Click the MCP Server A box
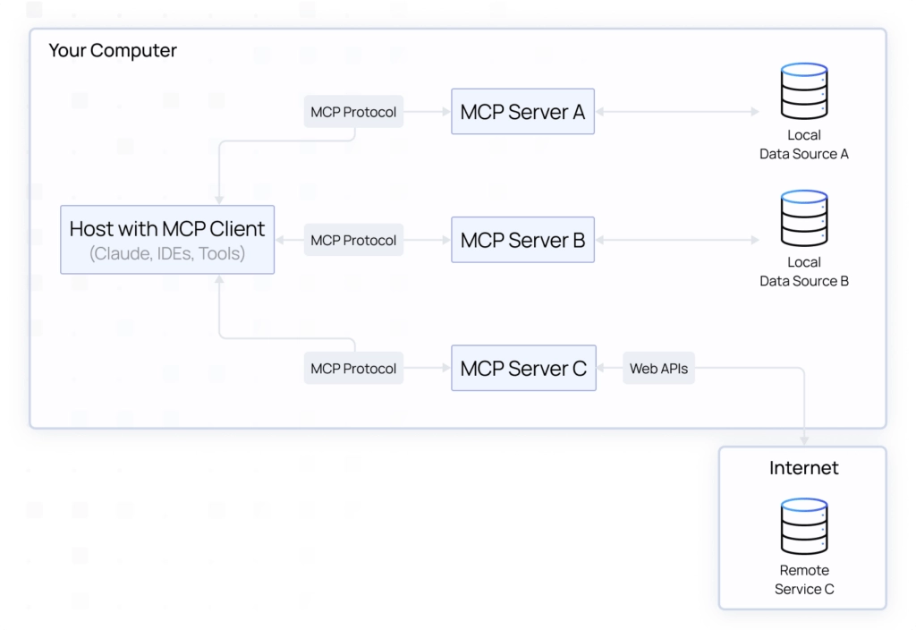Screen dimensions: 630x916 coord(523,113)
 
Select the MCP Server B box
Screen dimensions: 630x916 coord(523,241)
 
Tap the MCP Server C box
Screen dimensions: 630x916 coord(523,368)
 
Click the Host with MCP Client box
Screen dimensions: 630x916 coord(167,240)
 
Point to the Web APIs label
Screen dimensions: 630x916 coord(659,368)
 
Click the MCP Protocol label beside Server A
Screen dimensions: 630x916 coord(353,113)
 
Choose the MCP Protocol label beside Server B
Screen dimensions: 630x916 coord(353,241)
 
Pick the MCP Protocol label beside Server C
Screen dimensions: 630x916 coord(353,368)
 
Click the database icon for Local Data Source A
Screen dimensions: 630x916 coord(803,91)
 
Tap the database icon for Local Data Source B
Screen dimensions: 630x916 coord(803,218)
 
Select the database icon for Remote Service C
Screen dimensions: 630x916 coord(803,527)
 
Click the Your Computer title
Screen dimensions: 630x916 coord(113,51)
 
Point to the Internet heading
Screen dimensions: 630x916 coord(803,468)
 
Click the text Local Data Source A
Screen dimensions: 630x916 coord(803,145)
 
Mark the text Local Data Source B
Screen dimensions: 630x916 coord(803,272)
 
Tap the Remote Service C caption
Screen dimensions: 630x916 coord(803,580)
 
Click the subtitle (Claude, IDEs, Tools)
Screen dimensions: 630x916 coord(167,254)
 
